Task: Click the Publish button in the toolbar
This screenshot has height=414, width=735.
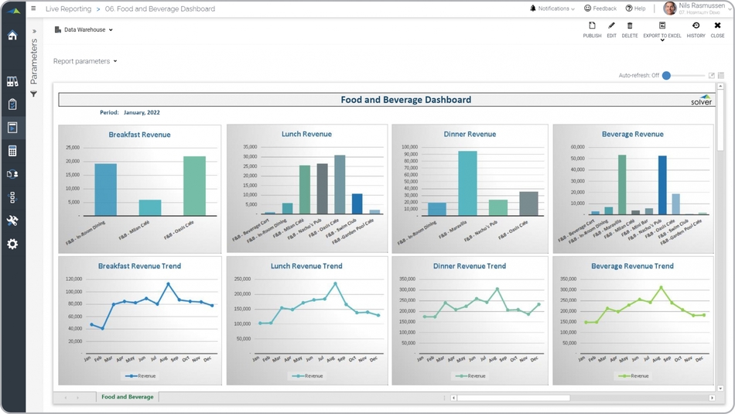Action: coord(592,29)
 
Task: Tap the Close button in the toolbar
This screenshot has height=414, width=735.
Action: coord(717,29)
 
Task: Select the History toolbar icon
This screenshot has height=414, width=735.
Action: coord(696,29)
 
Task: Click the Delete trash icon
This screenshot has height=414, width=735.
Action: coord(630,29)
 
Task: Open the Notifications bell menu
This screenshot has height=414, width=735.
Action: coord(552,9)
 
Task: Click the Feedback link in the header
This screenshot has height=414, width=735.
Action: coord(600,9)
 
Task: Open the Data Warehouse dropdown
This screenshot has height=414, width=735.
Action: coord(84,30)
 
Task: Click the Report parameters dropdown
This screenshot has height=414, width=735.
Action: coord(85,61)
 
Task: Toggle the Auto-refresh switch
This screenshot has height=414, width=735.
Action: coord(667,76)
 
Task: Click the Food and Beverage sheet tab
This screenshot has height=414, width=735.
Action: coord(128,397)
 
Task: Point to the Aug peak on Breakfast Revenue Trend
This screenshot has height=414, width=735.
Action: coord(168,284)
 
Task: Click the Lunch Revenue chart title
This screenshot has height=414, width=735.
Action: coord(306,134)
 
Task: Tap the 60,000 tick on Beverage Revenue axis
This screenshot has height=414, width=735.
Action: coord(577,146)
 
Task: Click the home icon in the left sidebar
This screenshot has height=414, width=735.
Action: coord(12,36)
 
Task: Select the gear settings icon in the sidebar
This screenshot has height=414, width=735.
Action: coord(12,245)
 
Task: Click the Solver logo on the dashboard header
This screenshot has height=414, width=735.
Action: coord(701,100)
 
